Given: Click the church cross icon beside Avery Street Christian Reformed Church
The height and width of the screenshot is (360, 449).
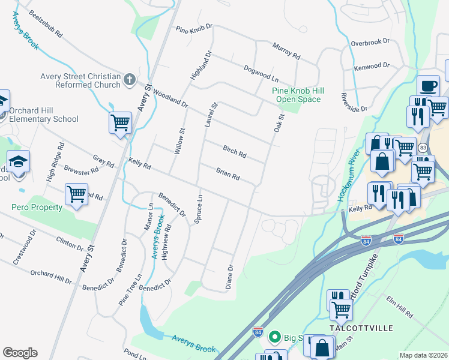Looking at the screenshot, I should tap(129, 79).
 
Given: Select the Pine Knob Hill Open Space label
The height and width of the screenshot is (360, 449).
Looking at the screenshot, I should tap(298, 95).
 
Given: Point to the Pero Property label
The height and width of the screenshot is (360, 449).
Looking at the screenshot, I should tap(37, 207).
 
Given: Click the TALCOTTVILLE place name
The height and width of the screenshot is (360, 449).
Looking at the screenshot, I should tap(361, 328).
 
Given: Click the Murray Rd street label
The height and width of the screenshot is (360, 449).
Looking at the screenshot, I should tap(286, 50).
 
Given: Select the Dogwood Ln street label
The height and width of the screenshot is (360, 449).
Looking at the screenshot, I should tap(261, 74).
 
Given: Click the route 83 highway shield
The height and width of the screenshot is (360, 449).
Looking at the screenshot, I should tap(423, 147).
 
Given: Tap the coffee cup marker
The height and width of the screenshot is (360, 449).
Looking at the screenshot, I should tap(427, 86).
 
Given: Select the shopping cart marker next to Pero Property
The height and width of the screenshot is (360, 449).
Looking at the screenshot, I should tap(76, 194).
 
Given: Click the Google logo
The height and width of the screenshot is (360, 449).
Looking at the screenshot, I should tap(20, 353).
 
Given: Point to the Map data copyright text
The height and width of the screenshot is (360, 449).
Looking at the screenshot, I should tap(423, 355).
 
